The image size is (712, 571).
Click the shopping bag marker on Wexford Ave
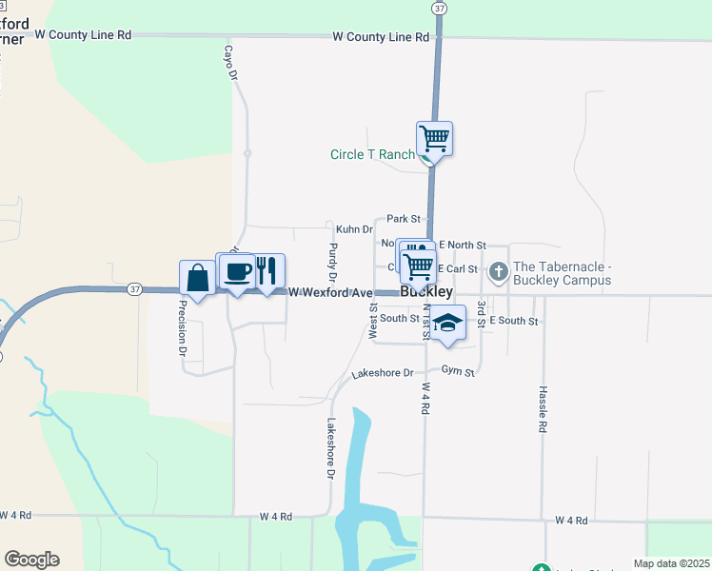point(197,278)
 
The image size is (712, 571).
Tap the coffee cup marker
point(236,272)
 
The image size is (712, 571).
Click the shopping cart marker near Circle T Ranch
point(434,139)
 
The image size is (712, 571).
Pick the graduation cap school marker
point(446,323)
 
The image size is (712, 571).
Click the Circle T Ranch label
point(372,154)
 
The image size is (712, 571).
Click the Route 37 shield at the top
point(438,7)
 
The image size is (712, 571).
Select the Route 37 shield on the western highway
point(134,288)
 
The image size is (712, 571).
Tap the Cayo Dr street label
point(229,63)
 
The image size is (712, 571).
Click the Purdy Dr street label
point(332,263)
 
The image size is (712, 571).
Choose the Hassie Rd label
point(542,409)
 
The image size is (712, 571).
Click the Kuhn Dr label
point(354,229)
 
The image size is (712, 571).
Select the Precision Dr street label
point(182,328)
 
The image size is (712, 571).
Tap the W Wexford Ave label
point(329,292)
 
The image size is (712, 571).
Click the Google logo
point(31,560)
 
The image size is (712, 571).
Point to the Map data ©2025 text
point(671,563)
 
